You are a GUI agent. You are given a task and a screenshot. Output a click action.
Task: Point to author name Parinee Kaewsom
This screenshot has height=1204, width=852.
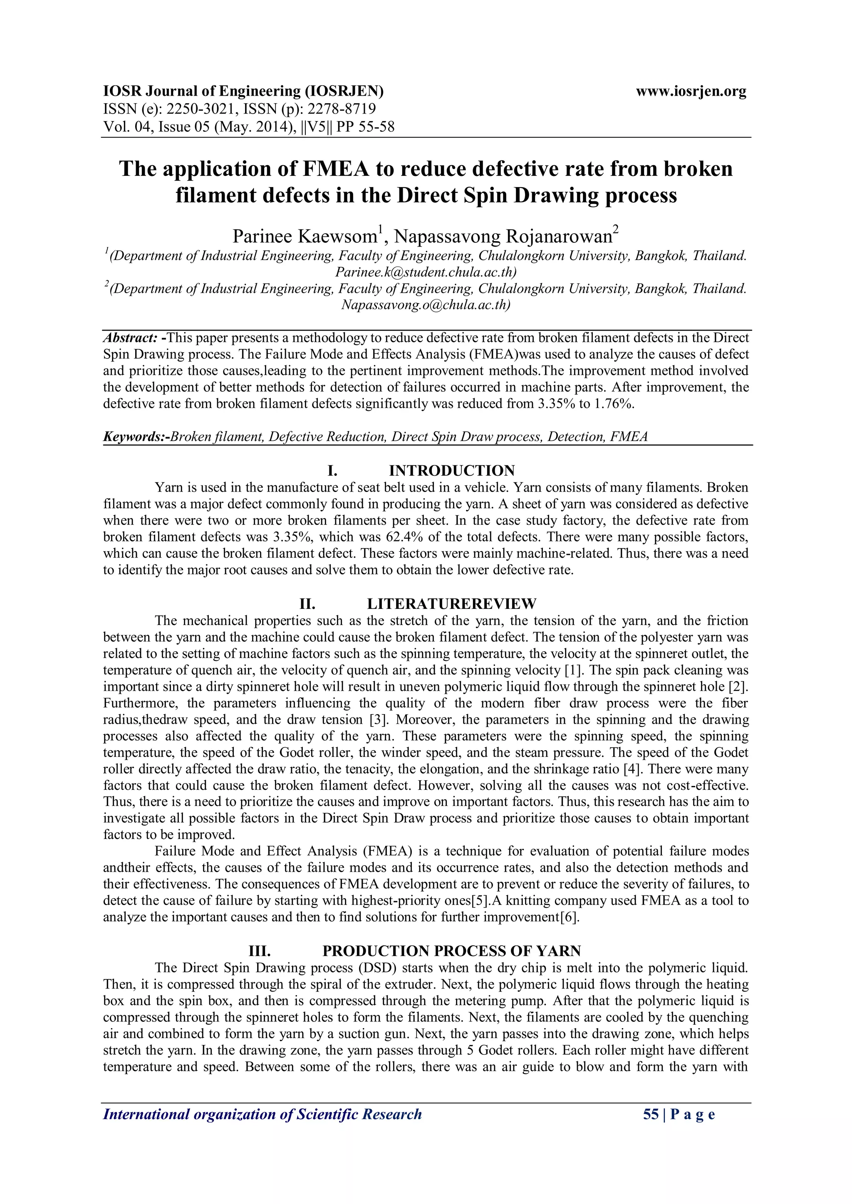pos(304,237)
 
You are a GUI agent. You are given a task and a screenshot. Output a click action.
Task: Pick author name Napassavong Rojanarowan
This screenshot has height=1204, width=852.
pos(503,237)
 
